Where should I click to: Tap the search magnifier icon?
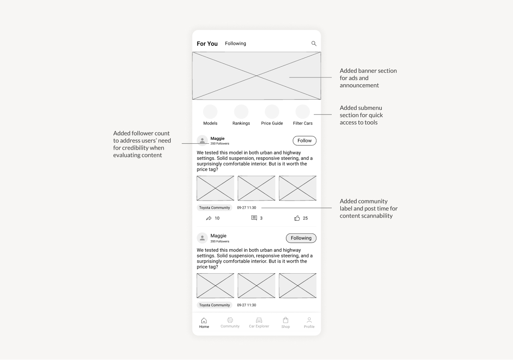pos(314,44)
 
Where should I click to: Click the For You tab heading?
pos(207,44)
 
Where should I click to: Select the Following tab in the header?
pos(236,44)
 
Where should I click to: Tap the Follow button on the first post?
pos(304,141)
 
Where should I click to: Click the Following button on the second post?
pos(301,238)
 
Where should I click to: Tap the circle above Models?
pos(210,112)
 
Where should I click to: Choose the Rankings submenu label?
pos(241,123)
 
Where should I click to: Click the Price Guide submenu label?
pos(272,123)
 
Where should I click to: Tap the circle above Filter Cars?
pos(303,112)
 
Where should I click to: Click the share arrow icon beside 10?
pos(209,218)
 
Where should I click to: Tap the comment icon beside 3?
pos(254,218)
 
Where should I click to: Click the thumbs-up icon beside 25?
pos(297,218)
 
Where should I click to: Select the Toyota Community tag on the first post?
pos(214,208)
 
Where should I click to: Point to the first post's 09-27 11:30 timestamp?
pos(246,208)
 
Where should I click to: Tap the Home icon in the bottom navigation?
pos(204,320)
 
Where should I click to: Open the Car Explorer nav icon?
pos(259,320)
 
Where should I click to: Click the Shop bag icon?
pos(286,320)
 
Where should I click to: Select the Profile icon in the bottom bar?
pos(309,320)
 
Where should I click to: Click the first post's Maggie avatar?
pos(202,141)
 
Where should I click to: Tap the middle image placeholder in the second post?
pos(256,286)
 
